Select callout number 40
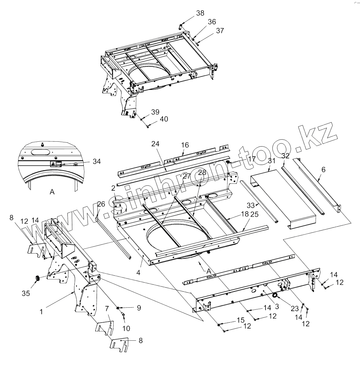point(164,119)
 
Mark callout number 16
point(185,144)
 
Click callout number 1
point(41,312)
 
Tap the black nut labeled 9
point(118,308)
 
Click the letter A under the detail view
point(52,193)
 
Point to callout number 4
point(138,263)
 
